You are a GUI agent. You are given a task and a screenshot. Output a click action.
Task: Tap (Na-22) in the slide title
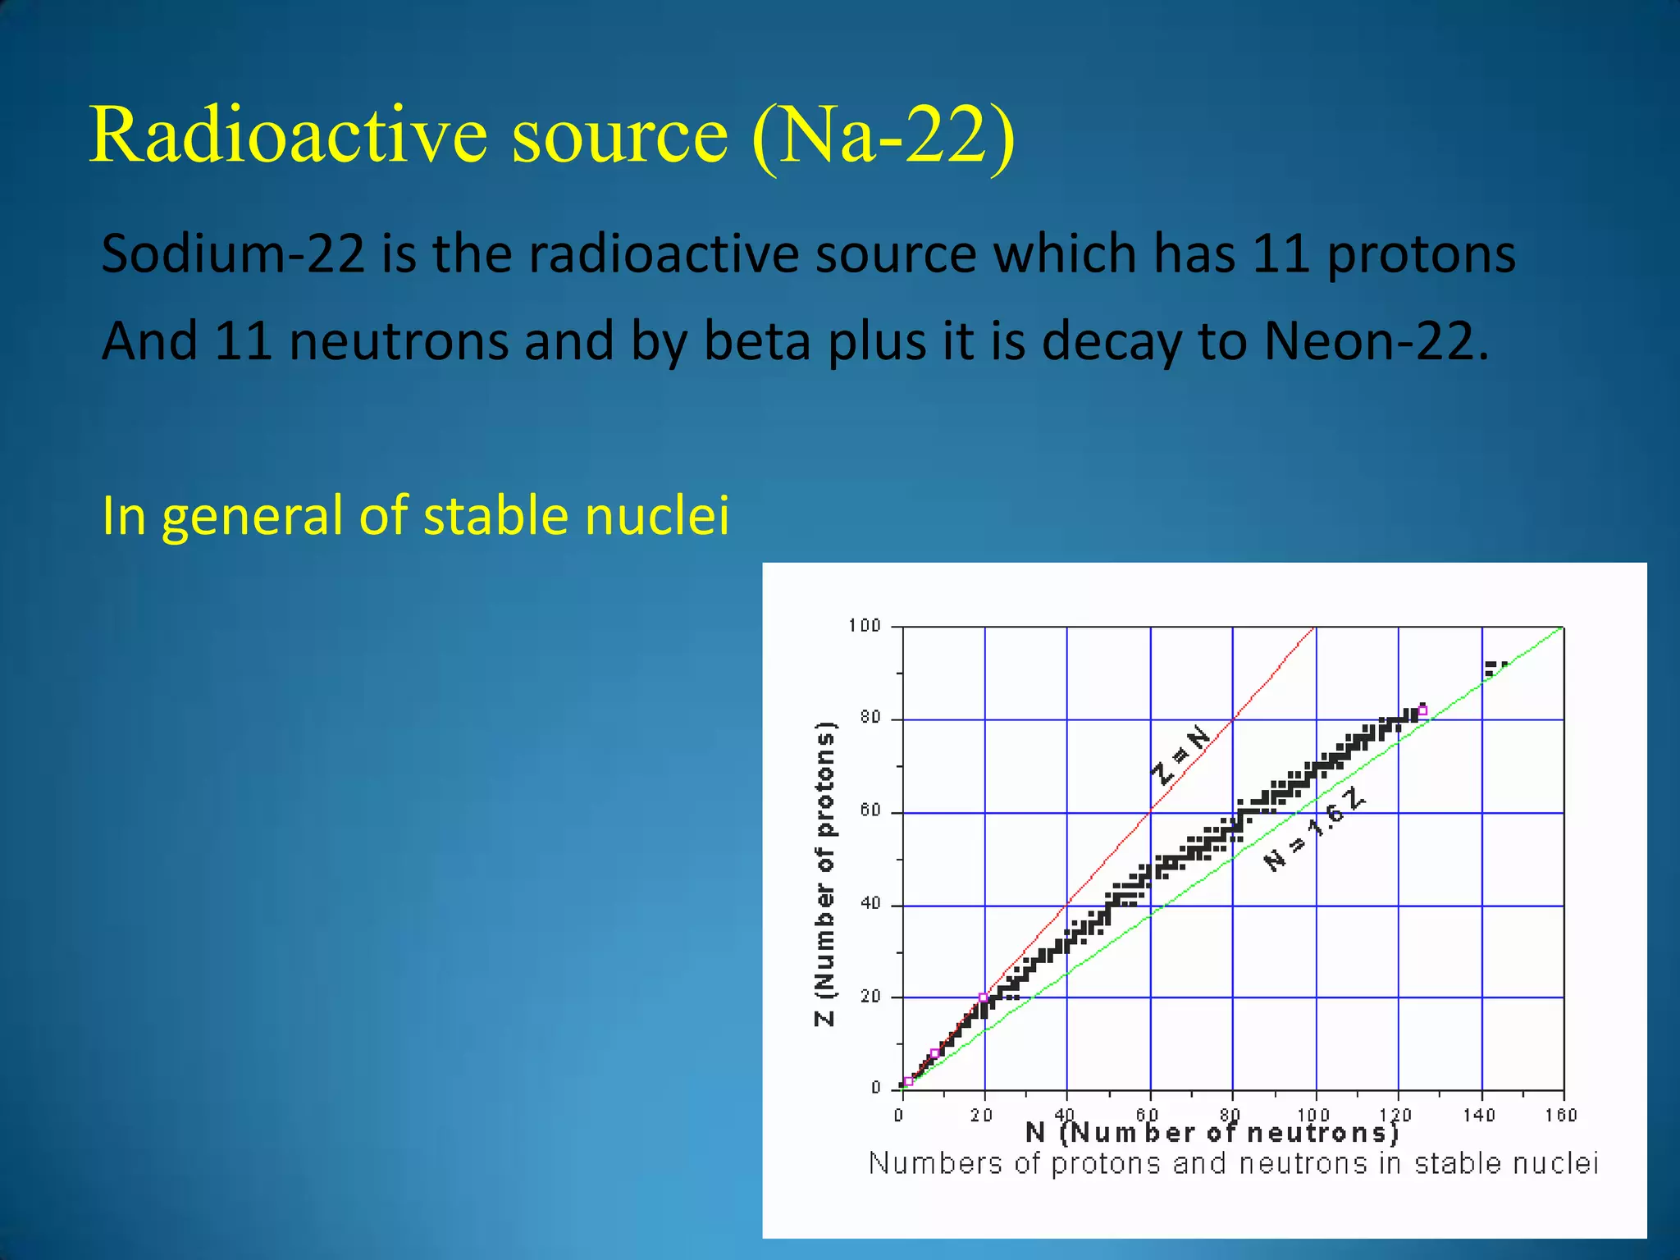[x=883, y=135]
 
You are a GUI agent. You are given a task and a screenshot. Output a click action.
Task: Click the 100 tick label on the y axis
[x=864, y=626]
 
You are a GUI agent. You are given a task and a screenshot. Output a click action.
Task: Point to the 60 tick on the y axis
[x=870, y=810]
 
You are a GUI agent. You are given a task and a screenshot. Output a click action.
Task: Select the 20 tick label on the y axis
[x=870, y=996]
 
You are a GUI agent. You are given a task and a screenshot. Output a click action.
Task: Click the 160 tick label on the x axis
[x=1560, y=1115]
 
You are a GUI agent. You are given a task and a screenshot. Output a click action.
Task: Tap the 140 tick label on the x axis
[x=1479, y=1115]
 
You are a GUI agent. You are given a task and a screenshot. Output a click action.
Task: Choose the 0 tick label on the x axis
[x=899, y=1115]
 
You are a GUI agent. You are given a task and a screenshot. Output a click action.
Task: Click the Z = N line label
[x=1180, y=755]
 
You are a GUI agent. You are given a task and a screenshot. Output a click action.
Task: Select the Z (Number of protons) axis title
[x=824, y=874]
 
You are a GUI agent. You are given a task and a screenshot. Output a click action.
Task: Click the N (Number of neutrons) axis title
[x=1212, y=1133]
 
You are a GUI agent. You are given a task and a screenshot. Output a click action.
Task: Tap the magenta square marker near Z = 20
[x=984, y=997]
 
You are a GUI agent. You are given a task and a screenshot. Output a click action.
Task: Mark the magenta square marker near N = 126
[x=1422, y=710]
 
